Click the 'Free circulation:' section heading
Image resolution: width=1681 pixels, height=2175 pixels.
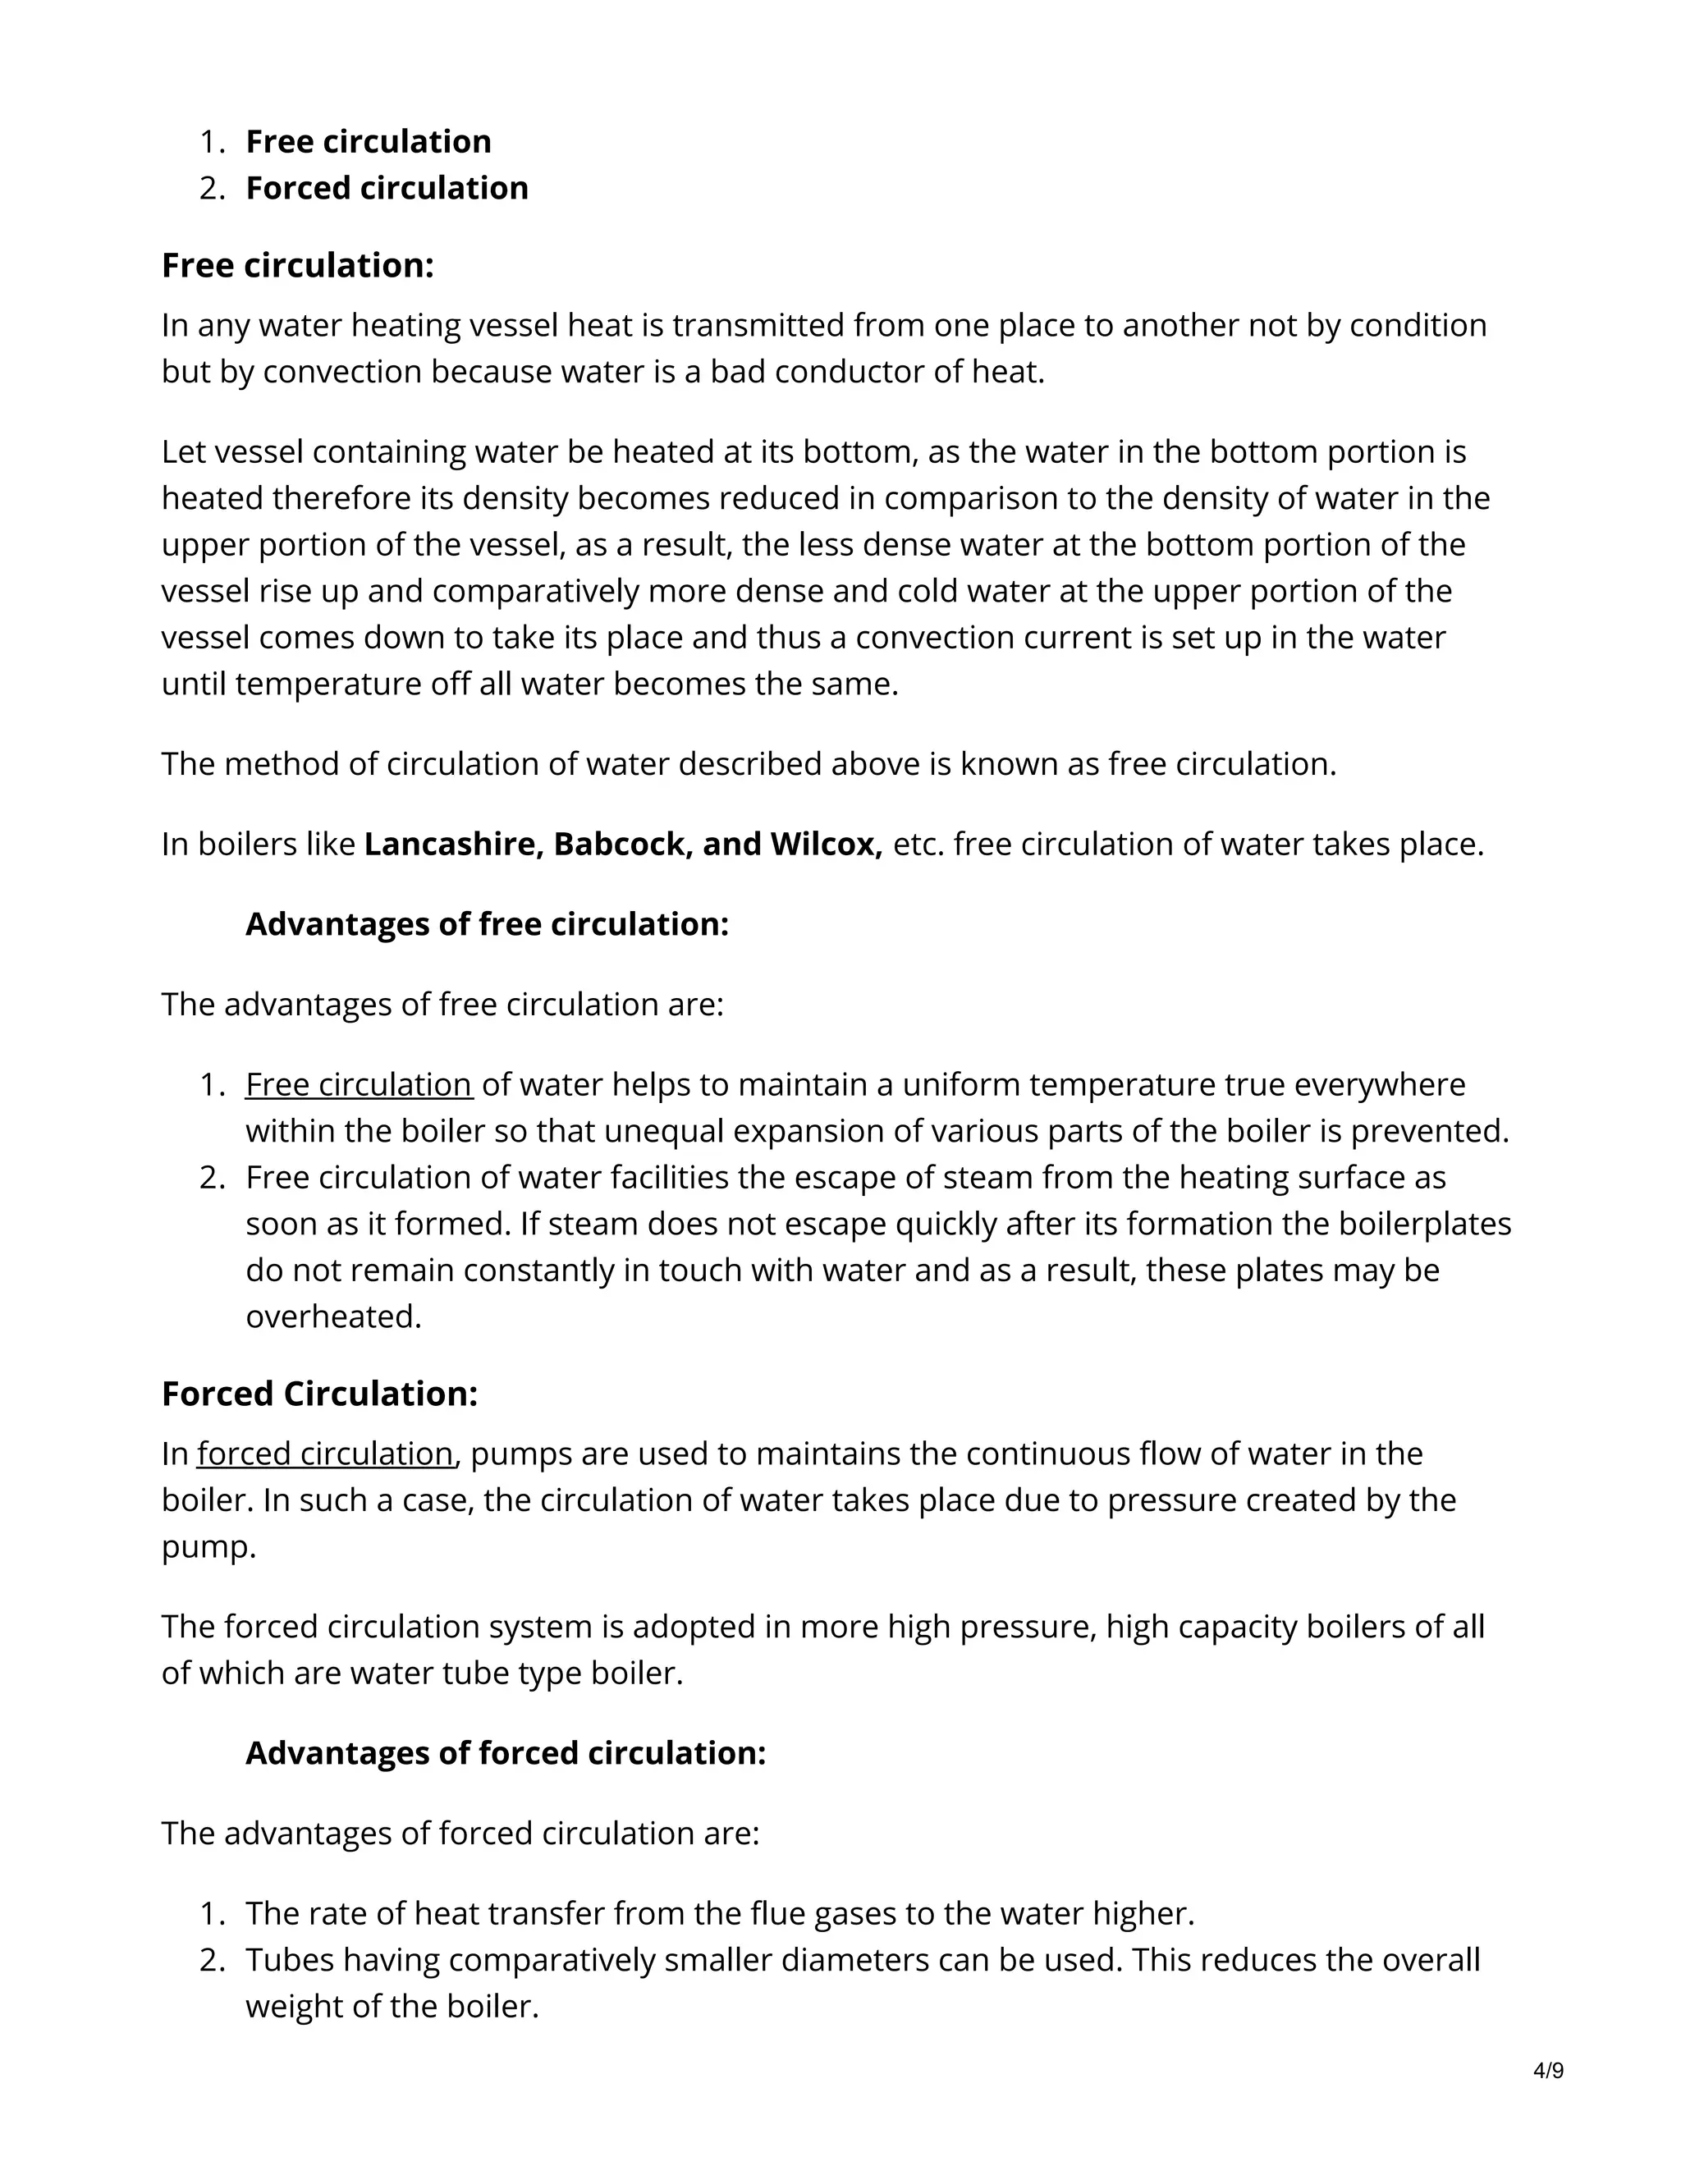pos(298,266)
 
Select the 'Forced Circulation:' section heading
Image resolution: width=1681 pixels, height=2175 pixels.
pos(319,1394)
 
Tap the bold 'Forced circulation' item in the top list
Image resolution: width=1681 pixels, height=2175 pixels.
pos(387,188)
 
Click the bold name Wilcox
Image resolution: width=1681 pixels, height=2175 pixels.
pos(826,845)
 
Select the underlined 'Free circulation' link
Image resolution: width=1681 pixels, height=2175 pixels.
pos(359,1084)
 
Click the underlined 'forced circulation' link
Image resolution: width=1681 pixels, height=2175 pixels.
pos(325,1454)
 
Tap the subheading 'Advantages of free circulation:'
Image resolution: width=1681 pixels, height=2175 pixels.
pos(487,924)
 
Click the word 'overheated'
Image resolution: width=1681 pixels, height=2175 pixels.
pos(332,1316)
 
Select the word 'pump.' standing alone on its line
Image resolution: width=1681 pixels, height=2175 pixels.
pos(209,1546)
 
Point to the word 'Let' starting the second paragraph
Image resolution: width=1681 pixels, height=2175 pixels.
pos(183,452)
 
